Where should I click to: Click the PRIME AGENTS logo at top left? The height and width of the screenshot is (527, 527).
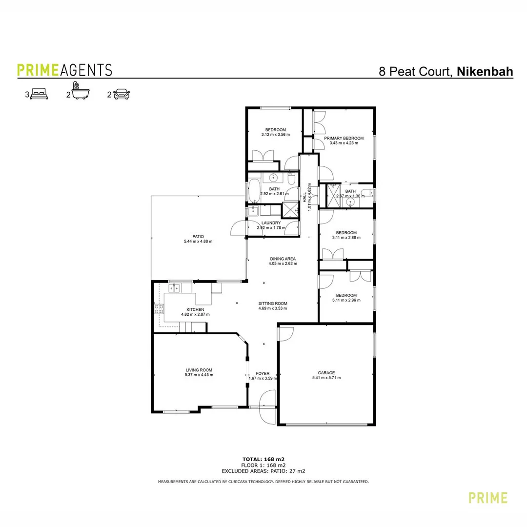[x=64, y=70]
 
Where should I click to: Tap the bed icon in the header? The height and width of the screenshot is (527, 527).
[x=39, y=94]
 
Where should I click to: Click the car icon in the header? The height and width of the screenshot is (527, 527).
[x=122, y=94]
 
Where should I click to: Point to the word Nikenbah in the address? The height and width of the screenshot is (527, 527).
[x=485, y=72]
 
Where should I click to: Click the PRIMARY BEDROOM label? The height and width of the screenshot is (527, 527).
[x=344, y=138]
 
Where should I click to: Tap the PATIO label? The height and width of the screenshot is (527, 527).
[x=198, y=236]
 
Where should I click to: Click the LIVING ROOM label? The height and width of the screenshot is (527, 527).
[x=199, y=370]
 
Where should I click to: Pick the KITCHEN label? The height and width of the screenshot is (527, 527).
[x=195, y=309]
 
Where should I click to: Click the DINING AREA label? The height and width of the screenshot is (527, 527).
[x=283, y=259]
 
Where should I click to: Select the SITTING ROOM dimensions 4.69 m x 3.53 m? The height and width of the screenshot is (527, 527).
[x=273, y=308]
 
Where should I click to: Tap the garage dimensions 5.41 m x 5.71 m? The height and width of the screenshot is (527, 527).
[x=326, y=377]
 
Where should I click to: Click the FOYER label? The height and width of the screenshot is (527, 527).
[x=263, y=373]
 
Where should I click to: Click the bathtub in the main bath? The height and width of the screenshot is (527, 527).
[x=254, y=191]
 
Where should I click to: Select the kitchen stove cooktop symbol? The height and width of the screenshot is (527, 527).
[x=159, y=308]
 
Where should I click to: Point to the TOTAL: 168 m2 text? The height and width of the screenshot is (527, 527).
[x=263, y=459]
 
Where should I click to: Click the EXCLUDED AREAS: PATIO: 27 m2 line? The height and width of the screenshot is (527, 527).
[x=263, y=471]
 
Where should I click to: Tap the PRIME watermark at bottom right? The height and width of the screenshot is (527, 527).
[x=487, y=498]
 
